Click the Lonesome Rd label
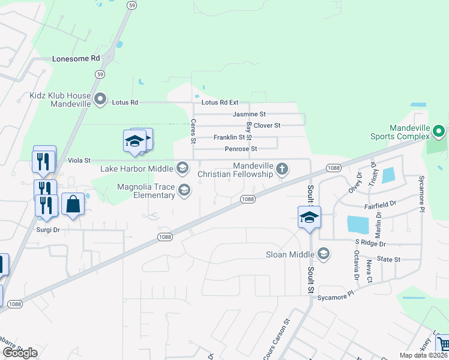tap(76, 59)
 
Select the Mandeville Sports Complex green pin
tap(439, 131)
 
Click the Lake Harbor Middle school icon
tap(182, 166)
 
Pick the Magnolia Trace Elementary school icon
tap(184, 191)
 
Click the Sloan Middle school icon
tap(324, 254)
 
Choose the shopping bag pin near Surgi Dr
tap(73, 204)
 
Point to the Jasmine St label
tap(249, 114)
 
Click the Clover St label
tap(267, 125)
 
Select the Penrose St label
tap(240, 149)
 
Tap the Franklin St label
tap(229, 137)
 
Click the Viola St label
tap(79, 160)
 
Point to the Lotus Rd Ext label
tap(220, 103)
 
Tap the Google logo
tap(20, 353)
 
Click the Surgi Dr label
tap(48, 230)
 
